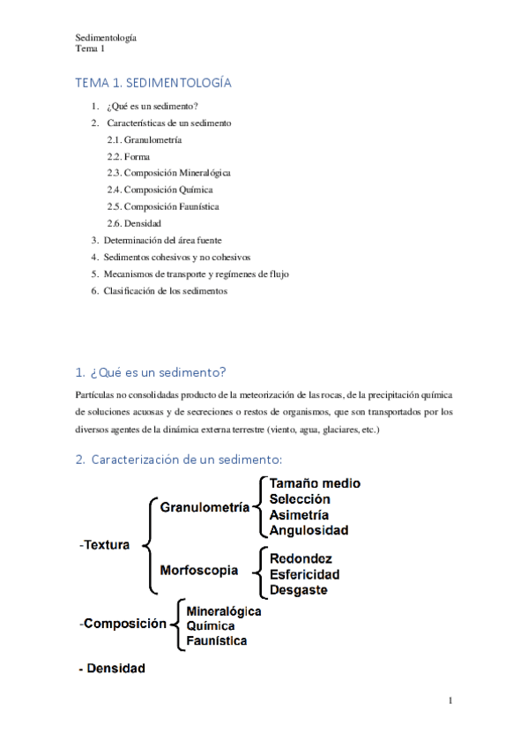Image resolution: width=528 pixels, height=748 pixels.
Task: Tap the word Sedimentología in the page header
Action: tap(106, 38)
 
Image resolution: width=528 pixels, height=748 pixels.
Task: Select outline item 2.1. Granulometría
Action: tap(145, 139)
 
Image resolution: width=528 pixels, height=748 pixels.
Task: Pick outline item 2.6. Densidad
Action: tap(134, 223)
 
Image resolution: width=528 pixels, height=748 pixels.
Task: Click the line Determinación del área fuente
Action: tap(162, 240)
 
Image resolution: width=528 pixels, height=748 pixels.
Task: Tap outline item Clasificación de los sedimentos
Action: tap(165, 290)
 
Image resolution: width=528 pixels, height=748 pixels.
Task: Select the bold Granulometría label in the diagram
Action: tap(205, 507)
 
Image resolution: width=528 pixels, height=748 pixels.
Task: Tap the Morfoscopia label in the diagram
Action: tap(199, 571)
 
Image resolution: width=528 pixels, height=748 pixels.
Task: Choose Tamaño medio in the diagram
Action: tap(315, 483)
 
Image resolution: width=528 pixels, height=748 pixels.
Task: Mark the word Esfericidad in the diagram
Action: tap(304, 574)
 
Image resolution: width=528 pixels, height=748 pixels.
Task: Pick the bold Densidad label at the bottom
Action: tap(112, 669)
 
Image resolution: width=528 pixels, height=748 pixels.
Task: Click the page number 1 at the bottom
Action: tap(450, 701)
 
